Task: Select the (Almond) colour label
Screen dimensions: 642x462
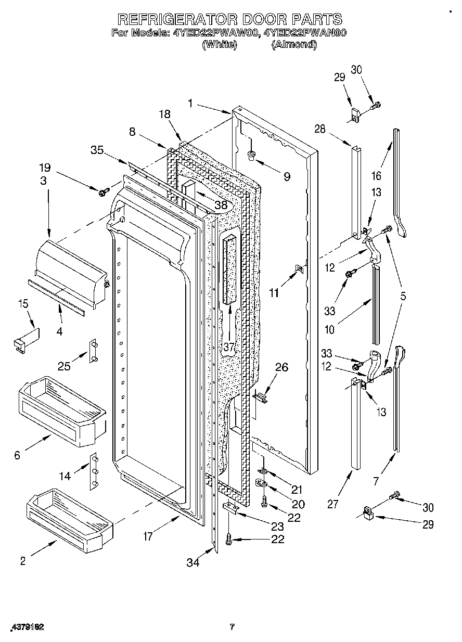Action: click(293, 45)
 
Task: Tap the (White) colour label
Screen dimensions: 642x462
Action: click(219, 45)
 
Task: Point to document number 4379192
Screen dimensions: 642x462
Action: click(25, 627)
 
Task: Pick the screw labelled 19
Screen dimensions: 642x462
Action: click(102, 192)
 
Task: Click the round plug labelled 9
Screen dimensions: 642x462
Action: click(252, 155)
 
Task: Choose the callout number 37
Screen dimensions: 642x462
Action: click(228, 347)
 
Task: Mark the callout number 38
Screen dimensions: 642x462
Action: click(221, 205)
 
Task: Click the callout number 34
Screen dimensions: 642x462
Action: click(193, 562)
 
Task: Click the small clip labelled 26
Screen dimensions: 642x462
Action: click(261, 397)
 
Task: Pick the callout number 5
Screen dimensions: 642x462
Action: click(403, 297)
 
